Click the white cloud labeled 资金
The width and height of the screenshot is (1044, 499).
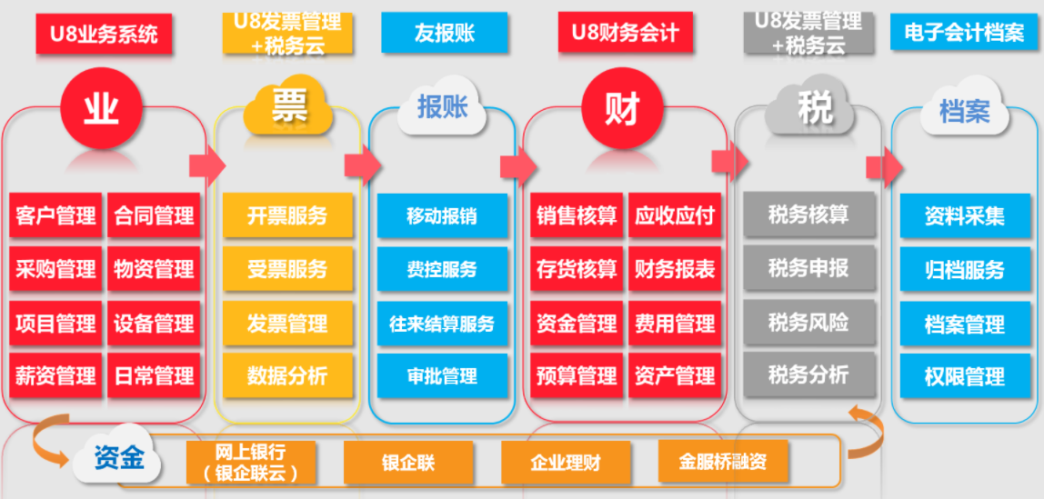click(119, 458)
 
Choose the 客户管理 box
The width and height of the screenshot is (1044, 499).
click(55, 216)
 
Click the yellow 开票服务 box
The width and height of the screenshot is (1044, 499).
click(287, 216)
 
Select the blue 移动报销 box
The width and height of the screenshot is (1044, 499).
click(442, 216)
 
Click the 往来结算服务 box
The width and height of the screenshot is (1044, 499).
click(442, 324)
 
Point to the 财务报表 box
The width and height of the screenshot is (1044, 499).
click(675, 269)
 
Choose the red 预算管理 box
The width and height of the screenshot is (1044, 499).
click(577, 375)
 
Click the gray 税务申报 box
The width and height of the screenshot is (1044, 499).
click(808, 269)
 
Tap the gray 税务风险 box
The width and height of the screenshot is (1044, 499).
click(808, 323)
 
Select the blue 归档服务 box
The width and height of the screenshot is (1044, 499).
click(965, 270)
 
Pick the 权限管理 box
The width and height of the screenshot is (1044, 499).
click(965, 376)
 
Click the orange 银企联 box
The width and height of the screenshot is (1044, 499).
click(408, 463)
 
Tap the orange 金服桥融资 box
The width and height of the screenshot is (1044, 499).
click(723, 462)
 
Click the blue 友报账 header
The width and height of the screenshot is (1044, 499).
click(444, 33)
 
